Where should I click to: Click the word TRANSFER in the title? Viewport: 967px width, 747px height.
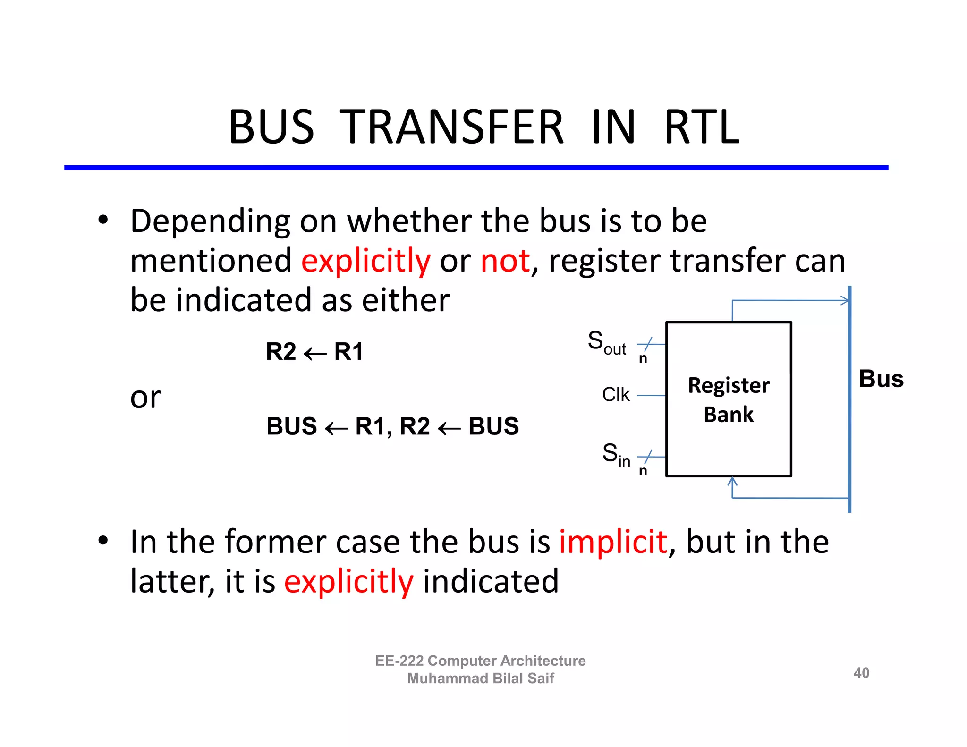coord(451,127)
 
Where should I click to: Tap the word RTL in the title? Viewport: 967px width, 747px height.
coord(702,127)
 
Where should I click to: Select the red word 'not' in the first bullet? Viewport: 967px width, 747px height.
coord(505,261)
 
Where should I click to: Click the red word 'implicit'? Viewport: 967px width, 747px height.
coord(613,542)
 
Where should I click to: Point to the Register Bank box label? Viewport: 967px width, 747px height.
coord(729,399)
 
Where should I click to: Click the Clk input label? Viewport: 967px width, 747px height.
coord(616,395)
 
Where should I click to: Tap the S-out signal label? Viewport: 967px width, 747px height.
coord(606,342)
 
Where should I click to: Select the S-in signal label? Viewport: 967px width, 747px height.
coord(616,455)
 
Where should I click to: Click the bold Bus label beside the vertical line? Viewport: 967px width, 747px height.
coord(881,379)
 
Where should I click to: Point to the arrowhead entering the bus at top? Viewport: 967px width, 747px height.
coord(844,300)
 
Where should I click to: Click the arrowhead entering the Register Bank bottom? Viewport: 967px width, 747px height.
coord(732,482)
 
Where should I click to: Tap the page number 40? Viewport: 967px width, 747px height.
coord(861,673)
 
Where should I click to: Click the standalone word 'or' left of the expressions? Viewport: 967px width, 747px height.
coord(145,398)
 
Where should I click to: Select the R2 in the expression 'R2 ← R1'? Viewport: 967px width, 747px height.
coord(281,352)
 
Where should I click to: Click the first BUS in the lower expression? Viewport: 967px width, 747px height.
coord(291,426)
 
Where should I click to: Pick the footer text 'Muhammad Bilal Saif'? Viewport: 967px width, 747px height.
coord(480,679)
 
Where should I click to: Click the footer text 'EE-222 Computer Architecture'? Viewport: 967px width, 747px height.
coord(480,661)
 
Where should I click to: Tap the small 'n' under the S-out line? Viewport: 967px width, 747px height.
coord(643,358)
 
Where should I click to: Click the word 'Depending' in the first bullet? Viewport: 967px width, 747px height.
coord(210,221)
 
